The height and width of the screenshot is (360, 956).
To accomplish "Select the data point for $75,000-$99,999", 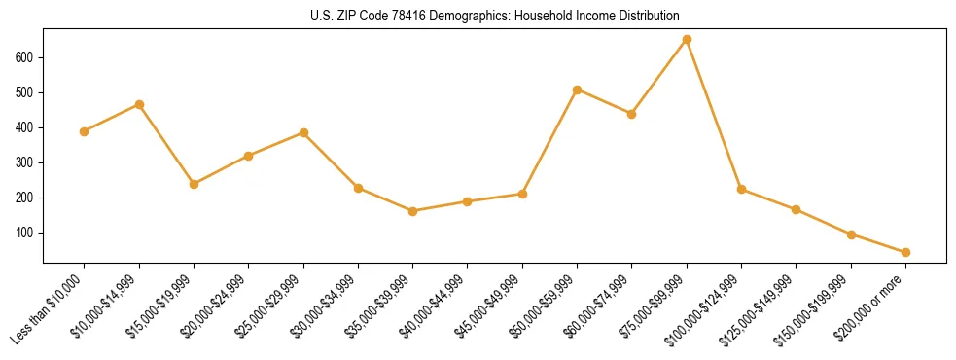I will pyautogui.click(x=687, y=40).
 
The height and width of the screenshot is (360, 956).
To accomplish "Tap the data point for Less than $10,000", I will pyautogui.click(x=85, y=131).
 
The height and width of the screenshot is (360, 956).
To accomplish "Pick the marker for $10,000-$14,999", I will pyautogui.click(x=139, y=104).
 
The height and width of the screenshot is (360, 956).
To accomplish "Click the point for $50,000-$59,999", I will pyautogui.click(x=577, y=90).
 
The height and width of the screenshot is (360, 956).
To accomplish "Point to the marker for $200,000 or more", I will pyautogui.click(x=905, y=252).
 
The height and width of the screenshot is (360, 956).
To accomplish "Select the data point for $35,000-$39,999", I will pyautogui.click(x=412, y=211).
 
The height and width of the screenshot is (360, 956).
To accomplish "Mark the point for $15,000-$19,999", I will pyautogui.click(x=194, y=184).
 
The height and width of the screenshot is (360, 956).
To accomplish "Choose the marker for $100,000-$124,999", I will pyautogui.click(x=741, y=189).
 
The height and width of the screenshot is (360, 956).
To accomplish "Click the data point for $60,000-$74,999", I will pyautogui.click(x=631, y=114).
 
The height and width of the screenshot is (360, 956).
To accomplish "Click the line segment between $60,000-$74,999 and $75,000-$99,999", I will pyautogui.click(x=659, y=77).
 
